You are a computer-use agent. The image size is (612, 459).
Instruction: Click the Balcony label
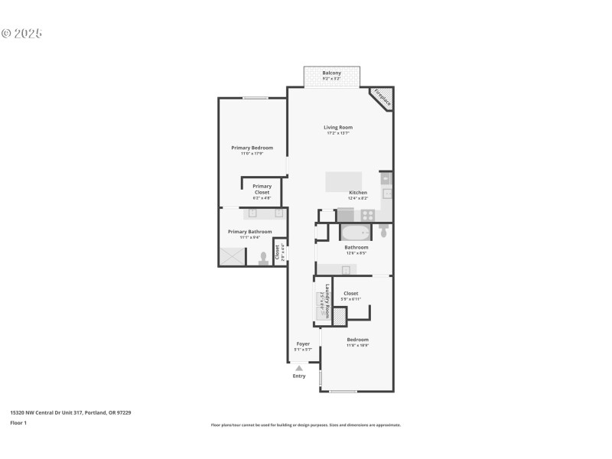(331, 73)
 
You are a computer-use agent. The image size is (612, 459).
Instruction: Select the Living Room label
(337, 127)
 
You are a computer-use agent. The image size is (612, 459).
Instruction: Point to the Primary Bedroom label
(252, 148)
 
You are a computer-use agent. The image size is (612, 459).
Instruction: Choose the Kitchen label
(358, 192)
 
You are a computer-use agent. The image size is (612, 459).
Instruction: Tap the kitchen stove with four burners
(367, 215)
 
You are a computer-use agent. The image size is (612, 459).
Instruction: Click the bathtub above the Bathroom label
(355, 232)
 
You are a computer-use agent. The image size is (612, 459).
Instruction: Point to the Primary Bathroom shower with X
(233, 257)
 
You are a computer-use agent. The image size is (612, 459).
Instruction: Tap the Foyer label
(303, 343)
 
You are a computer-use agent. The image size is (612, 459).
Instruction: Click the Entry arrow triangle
(299, 368)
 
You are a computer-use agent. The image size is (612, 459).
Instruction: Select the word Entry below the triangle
(299, 376)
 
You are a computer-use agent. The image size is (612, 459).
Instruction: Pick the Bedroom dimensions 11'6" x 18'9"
(357, 345)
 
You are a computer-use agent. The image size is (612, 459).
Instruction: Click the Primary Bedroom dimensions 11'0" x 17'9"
(252, 154)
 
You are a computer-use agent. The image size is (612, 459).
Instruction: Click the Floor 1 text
(18, 422)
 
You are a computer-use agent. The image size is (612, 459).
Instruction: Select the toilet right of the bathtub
(382, 230)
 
